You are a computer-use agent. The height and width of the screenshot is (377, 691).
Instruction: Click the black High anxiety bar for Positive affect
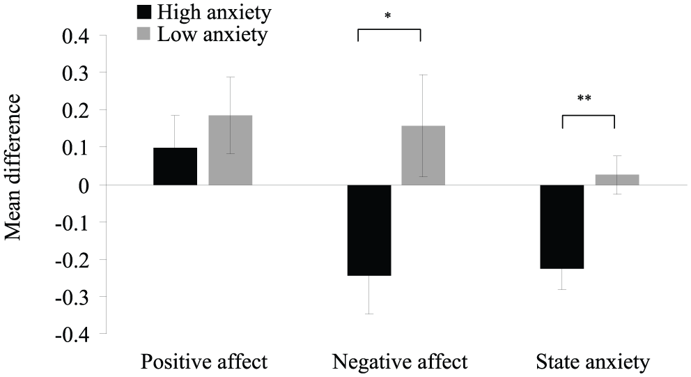175,167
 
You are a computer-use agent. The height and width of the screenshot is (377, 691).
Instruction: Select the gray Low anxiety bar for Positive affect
231,150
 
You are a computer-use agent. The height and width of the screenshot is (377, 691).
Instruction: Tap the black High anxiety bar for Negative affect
369,230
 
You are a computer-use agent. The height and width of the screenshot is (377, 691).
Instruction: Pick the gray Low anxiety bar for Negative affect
423,155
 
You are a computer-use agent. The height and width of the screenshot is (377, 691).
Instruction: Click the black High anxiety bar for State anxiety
562,226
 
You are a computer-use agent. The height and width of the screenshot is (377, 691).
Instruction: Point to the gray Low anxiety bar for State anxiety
617,180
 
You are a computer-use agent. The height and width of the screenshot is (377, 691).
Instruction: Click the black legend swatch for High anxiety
144,12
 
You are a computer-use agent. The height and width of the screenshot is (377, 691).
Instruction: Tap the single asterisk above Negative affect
388,16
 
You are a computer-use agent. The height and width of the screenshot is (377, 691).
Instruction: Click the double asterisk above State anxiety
584,98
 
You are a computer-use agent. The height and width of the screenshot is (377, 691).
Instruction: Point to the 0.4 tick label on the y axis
76,36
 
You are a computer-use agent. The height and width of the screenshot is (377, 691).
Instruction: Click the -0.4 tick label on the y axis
72,334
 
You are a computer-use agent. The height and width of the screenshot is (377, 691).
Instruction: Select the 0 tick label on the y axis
84,185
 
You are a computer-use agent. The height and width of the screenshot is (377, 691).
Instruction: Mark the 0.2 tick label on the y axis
76,110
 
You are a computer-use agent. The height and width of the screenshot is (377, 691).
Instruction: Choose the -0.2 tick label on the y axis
72,260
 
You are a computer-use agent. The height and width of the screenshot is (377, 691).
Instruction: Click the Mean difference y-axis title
13,167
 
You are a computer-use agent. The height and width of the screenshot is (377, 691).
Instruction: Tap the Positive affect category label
204,362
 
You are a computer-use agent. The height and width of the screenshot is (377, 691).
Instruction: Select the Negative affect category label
400,362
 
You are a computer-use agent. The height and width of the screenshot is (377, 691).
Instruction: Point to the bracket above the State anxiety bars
589,116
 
